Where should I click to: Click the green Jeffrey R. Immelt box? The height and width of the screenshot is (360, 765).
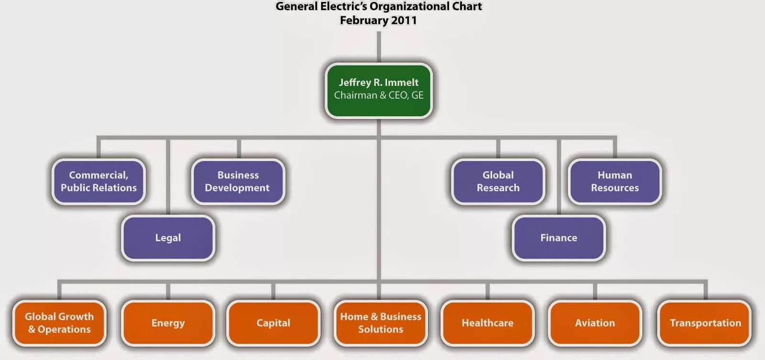pyautogui.click(x=378, y=90)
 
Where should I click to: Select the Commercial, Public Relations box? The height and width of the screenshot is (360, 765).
pyautogui.click(x=98, y=182)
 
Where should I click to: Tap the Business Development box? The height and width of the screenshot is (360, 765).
pyautogui.click(x=238, y=182)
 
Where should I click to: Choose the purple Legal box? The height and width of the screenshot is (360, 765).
pyautogui.click(x=168, y=238)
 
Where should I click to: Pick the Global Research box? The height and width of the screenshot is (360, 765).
pyautogui.click(x=498, y=182)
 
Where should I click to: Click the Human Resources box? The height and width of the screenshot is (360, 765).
pyautogui.click(x=615, y=182)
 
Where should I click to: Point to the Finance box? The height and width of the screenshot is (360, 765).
pyautogui.click(x=558, y=238)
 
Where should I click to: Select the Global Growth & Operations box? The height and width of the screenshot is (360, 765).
pyautogui.click(x=59, y=323)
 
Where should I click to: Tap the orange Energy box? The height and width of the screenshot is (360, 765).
pyautogui.click(x=168, y=323)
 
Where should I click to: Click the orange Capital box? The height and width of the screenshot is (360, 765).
pyautogui.click(x=273, y=323)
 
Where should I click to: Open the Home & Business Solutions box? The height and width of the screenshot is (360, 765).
pyautogui.click(x=381, y=323)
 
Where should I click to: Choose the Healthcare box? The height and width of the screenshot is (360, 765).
pyautogui.click(x=487, y=323)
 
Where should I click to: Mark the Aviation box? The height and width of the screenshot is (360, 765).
pyautogui.click(x=595, y=323)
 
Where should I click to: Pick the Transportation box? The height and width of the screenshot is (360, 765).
pyautogui.click(x=705, y=323)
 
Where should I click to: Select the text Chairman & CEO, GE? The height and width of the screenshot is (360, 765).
pyautogui.click(x=379, y=96)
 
